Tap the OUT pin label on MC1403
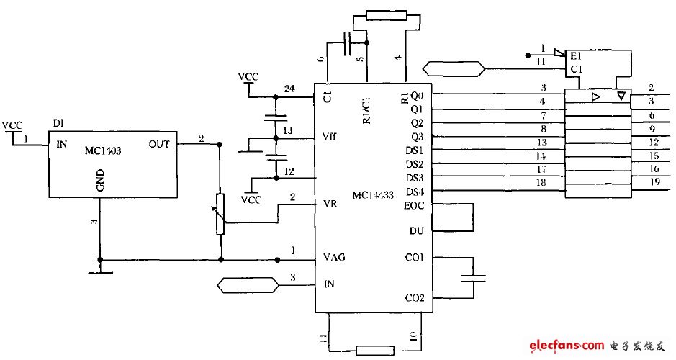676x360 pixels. pyautogui.click(x=159, y=144)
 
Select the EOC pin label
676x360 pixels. pyautogui.click(x=415, y=204)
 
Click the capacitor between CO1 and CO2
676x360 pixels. pyautogui.click(x=473, y=284)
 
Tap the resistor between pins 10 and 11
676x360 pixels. pyautogui.click(x=375, y=351)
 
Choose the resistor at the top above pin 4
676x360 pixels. pyautogui.click(x=387, y=15)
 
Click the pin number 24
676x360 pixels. pyautogui.click(x=289, y=89)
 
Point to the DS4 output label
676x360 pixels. pyautogui.click(x=415, y=192)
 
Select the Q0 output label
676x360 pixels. pyautogui.click(x=417, y=95)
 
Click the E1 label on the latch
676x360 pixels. pyautogui.click(x=575, y=55)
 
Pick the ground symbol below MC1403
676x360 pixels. pyautogui.click(x=101, y=270)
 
